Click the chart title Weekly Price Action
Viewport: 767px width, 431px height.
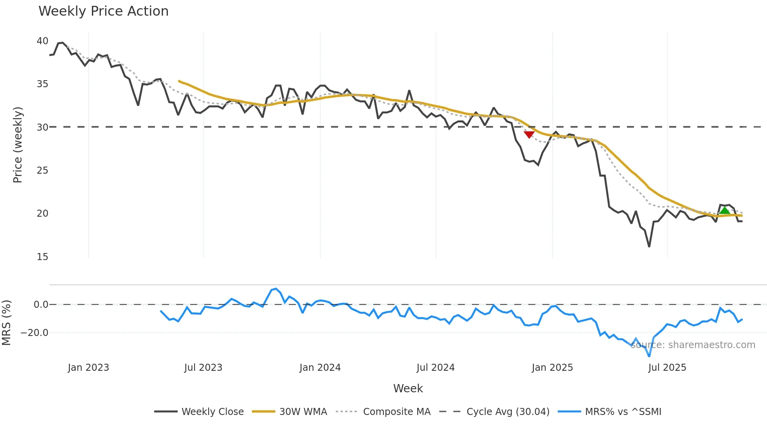[x=103, y=11]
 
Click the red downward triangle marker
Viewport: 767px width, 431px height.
[x=529, y=135]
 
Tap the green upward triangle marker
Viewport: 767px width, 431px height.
[x=725, y=211]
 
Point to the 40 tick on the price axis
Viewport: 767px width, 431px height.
[x=42, y=41]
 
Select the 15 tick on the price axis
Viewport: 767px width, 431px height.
[x=42, y=257]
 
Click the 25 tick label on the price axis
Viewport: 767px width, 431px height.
[x=42, y=171]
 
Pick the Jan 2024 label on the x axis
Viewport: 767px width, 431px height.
[x=320, y=368]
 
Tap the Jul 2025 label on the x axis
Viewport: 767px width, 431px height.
[x=667, y=368]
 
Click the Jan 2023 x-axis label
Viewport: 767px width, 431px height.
[x=88, y=368]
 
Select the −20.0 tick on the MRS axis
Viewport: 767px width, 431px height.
[x=34, y=333]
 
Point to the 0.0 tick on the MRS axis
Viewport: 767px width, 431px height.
[x=41, y=305]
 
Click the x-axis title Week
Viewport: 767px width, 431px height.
[x=408, y=388]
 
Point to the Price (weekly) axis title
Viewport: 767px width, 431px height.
[x=18, y=145]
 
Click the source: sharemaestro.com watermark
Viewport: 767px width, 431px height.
[x=693, y=345]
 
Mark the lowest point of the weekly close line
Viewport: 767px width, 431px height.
[x=649, y=246]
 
